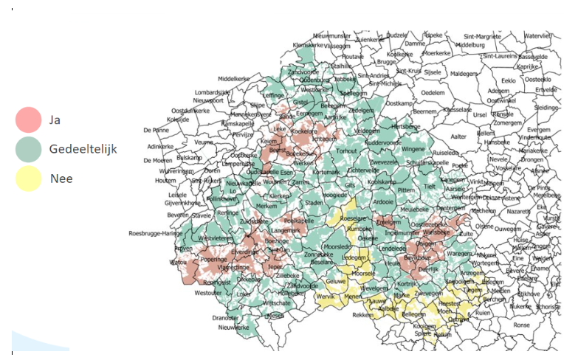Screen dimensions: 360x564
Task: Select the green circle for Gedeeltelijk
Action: pos(29,149)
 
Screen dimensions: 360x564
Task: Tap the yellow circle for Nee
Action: pos(29,178)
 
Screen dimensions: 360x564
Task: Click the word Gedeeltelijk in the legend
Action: pos(83,149)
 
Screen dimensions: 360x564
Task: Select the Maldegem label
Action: pos(464,74)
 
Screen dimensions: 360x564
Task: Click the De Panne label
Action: pos(156,129)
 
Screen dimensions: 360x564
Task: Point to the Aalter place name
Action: pos(460,136)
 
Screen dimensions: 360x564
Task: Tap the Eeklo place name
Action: pos(509,80)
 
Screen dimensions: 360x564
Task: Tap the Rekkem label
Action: pos(362,314)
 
